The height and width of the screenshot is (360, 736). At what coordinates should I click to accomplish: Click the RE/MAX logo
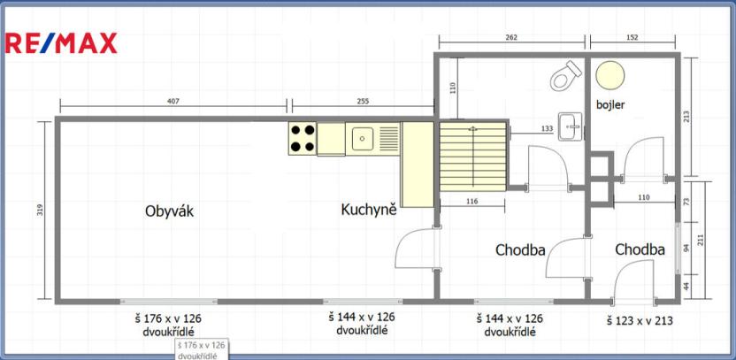tap(61, 43)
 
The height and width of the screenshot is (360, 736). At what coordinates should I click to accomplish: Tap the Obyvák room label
tap(169, 211)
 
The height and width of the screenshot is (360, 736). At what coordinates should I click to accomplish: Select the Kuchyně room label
tap(368, 210)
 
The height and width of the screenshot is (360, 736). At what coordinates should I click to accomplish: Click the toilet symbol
tap(563, 77)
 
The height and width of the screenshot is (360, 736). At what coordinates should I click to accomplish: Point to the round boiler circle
tap(608, 76)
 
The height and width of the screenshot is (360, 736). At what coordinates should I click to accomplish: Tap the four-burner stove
tap(303, 138)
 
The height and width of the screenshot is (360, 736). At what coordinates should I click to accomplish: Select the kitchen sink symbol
tap(361, 138)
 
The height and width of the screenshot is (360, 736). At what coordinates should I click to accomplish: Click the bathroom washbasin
tap(571, 126)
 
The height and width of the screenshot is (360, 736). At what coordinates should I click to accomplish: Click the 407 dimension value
tap(172, 102)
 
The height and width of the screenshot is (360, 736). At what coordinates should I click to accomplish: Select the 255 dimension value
tap(362, 102)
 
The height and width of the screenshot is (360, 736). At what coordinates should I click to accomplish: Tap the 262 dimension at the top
tap(511, 38)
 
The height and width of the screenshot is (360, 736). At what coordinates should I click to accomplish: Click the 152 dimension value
tap(632, 38)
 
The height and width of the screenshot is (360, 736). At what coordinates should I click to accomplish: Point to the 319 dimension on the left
tap(42, 211)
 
